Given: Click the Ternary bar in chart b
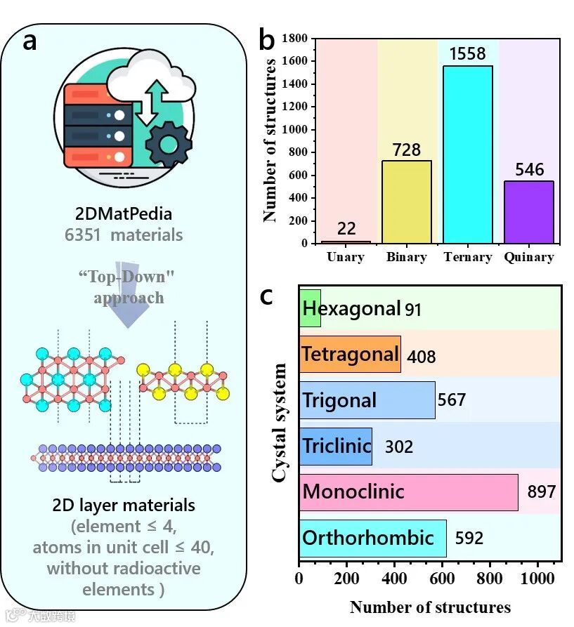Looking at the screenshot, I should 467,154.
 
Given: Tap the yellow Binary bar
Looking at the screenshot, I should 406,202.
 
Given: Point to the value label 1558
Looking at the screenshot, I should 467,54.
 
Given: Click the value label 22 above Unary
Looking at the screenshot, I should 346,229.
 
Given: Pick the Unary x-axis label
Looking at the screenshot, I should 346,257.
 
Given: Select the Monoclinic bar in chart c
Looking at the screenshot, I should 408,491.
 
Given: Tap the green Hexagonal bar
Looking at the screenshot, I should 310,308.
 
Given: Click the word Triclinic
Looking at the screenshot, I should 337,446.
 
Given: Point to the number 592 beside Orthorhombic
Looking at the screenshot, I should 469,539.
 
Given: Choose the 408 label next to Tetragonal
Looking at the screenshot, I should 421,357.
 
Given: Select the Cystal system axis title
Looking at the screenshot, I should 279,423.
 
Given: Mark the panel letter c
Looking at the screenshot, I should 266,296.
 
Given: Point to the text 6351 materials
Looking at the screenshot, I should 124,235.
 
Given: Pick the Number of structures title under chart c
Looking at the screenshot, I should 430,607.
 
